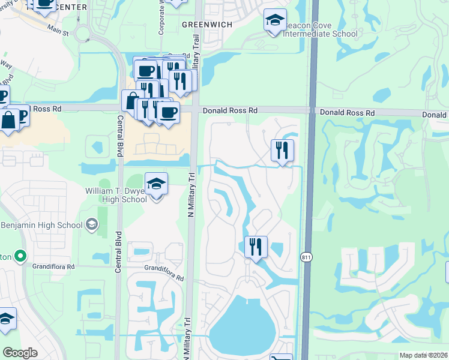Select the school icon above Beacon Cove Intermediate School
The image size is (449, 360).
click(x=275, y=21)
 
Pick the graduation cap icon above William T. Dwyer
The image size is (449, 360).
click(x=156, y=184)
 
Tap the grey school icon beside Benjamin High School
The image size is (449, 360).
click(x=92, y=225)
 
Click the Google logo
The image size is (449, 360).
click(x=20, y=353)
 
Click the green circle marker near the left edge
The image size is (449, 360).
click(x=20, y=257)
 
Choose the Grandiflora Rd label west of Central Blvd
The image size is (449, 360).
click(x=54, y=266)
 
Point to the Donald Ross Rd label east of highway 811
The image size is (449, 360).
click(x=347, y=113)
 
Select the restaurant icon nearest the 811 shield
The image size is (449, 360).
click(x=256, y=247)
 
